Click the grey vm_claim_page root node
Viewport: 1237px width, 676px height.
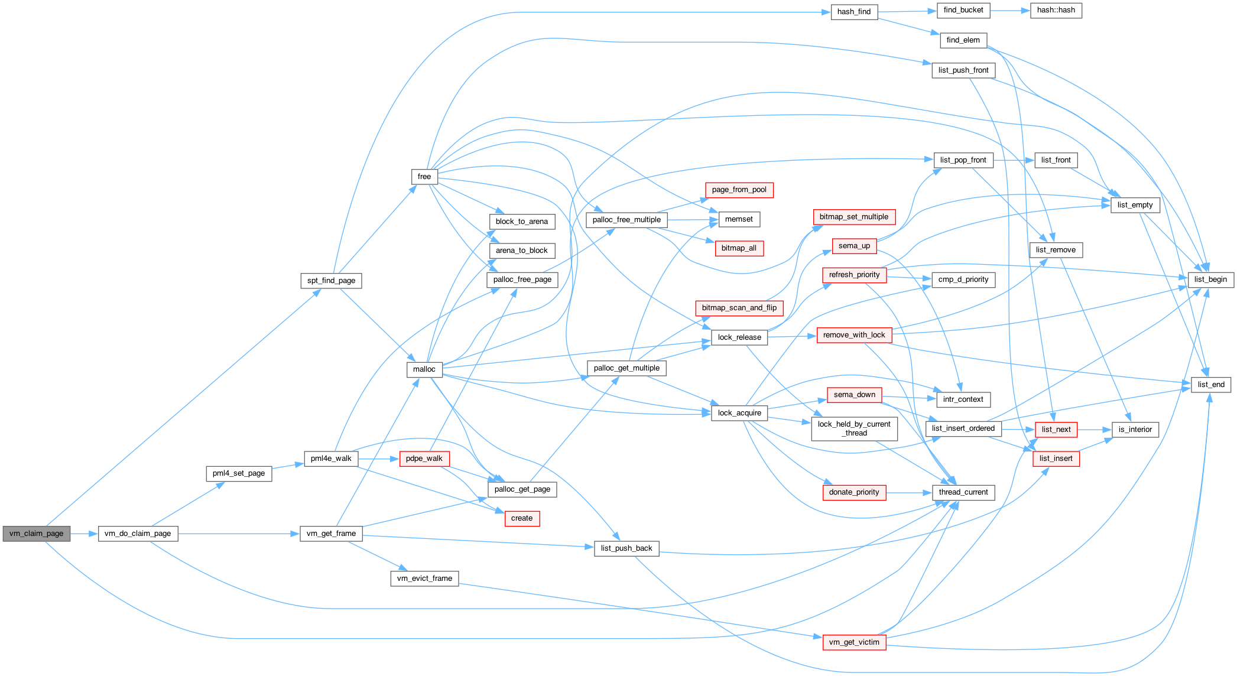click(x=37, y=534)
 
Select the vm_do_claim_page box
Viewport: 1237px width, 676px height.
click(x=138, y=534)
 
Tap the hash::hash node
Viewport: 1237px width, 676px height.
click(x=1056, y=10)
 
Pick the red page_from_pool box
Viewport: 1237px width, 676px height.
click(x=739, y=190)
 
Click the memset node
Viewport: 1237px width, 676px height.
click(x=739, y=219)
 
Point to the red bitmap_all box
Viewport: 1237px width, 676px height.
click(x=739, y=248)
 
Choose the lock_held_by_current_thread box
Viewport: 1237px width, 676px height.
click(x=854, y=428)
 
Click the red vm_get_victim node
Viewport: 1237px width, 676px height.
click(x=854, y=642)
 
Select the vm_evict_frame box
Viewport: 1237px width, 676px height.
click(x=424, y=578)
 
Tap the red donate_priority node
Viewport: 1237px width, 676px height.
click(x=854, y=492)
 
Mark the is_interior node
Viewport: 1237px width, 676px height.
click(x=1135, y=430)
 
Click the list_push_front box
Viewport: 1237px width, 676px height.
click(x=963, y=70)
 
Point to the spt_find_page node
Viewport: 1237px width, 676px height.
click(x=331, y=281)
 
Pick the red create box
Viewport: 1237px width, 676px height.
click(x=522, y=518)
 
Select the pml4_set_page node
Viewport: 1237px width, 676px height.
click(x=239, y=473)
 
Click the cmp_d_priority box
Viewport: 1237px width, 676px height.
click(x=963, y=279)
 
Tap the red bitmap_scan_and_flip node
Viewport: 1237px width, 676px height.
click(x=739, y=308)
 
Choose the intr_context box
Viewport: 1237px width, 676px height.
click(x=963, y=399)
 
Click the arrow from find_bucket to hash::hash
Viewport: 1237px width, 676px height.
click(x=1010, y=11)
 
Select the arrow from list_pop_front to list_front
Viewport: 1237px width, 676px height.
click(x=1014, y=160)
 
